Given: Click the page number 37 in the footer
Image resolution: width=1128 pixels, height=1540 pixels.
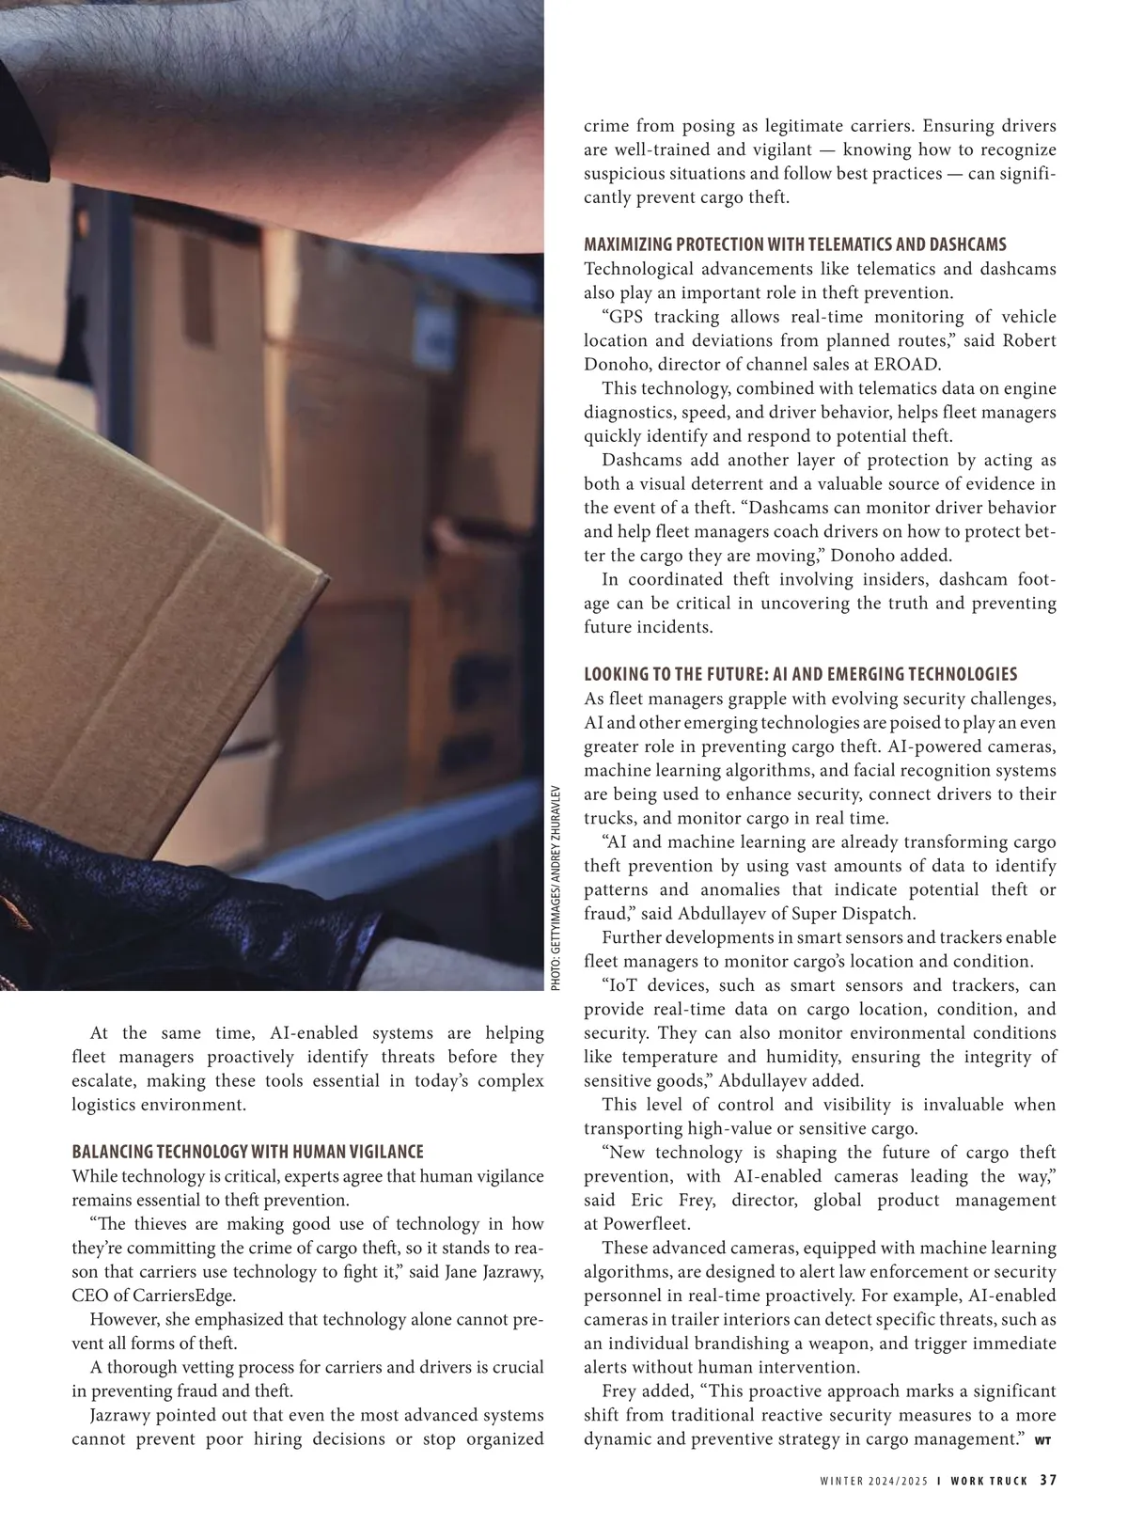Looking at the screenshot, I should [1048, 1480].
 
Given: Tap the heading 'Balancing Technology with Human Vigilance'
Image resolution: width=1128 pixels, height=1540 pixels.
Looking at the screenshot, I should [247, 1152].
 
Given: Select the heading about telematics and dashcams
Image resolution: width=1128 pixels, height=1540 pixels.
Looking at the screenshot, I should [794, 244].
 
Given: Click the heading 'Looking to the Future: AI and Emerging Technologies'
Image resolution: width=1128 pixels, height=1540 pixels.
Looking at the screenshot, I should [800, 674].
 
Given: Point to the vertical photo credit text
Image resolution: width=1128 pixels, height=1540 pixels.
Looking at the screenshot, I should [555, 887].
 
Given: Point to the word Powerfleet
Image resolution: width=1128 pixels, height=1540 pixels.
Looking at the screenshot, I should [649, 1224].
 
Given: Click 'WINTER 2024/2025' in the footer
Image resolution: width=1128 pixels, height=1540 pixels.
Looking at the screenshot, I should [873, 1481].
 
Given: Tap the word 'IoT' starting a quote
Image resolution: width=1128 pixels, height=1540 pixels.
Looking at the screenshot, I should [626, 985].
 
